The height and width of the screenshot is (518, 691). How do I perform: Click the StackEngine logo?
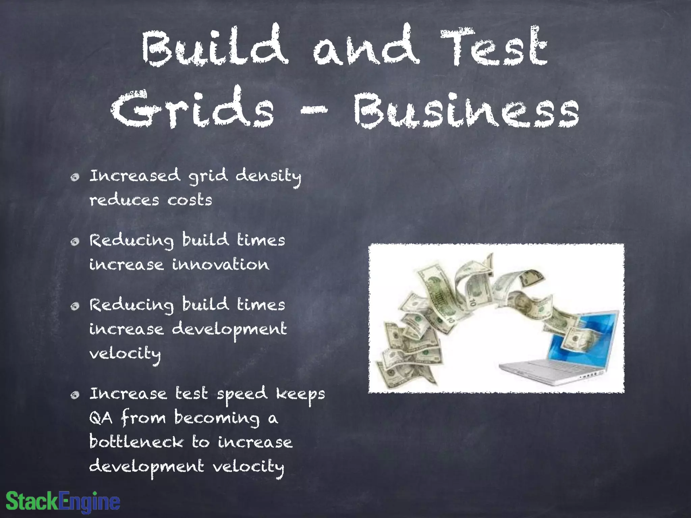[63, 501]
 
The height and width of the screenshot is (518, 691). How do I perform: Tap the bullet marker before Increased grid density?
[75, 177]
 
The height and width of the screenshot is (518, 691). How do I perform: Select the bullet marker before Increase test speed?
[75, 395]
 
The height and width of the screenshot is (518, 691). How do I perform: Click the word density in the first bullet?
[268, 176]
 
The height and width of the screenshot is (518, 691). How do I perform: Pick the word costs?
[190, 200]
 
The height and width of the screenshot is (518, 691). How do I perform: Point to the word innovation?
[221, 264]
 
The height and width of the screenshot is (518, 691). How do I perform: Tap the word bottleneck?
[136, 442]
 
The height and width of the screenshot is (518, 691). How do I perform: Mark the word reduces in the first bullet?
[124, 200]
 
